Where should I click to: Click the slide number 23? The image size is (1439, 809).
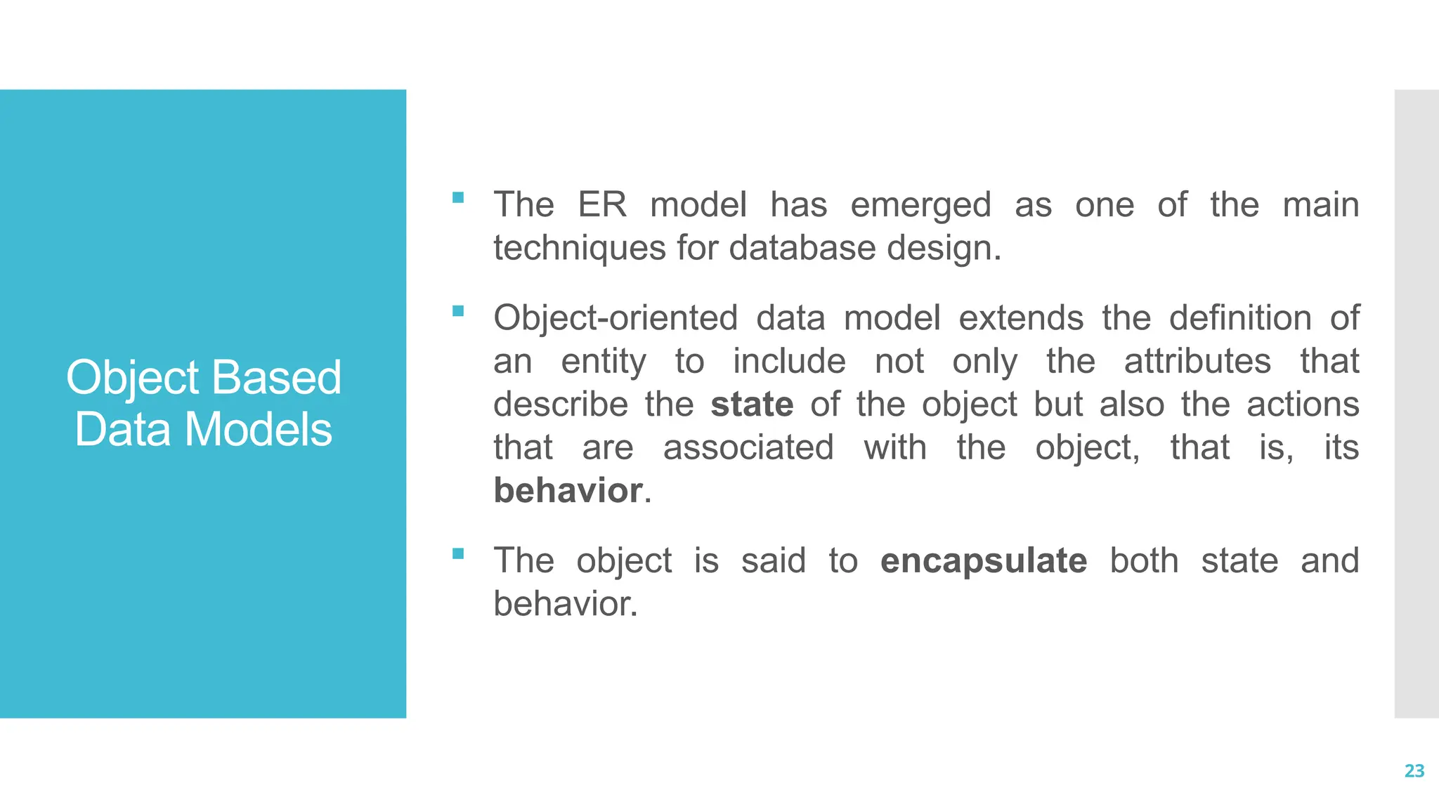coord(1414,771)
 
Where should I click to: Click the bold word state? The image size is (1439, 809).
coord(752,404)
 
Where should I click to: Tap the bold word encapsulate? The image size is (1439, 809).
coord(983,561)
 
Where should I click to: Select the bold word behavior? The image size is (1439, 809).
coord(568,490)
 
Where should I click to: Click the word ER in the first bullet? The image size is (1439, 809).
coord(601,205)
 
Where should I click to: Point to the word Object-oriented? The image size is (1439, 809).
coord(615,319)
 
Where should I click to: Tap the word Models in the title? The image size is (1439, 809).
coord(258,430)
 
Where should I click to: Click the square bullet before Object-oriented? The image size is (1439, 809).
coord(458,311)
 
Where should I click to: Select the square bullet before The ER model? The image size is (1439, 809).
coord(458,198)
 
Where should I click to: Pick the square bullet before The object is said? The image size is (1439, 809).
coord(458,554)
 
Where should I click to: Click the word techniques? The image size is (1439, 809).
coord(579,249)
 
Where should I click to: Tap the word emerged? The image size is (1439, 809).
coord(920,205)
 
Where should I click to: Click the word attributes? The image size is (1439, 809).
coord(1197,362)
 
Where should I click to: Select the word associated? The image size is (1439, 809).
coord(748,448)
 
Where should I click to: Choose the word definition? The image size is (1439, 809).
coord(1239,318)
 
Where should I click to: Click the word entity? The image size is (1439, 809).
coord(603,362)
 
